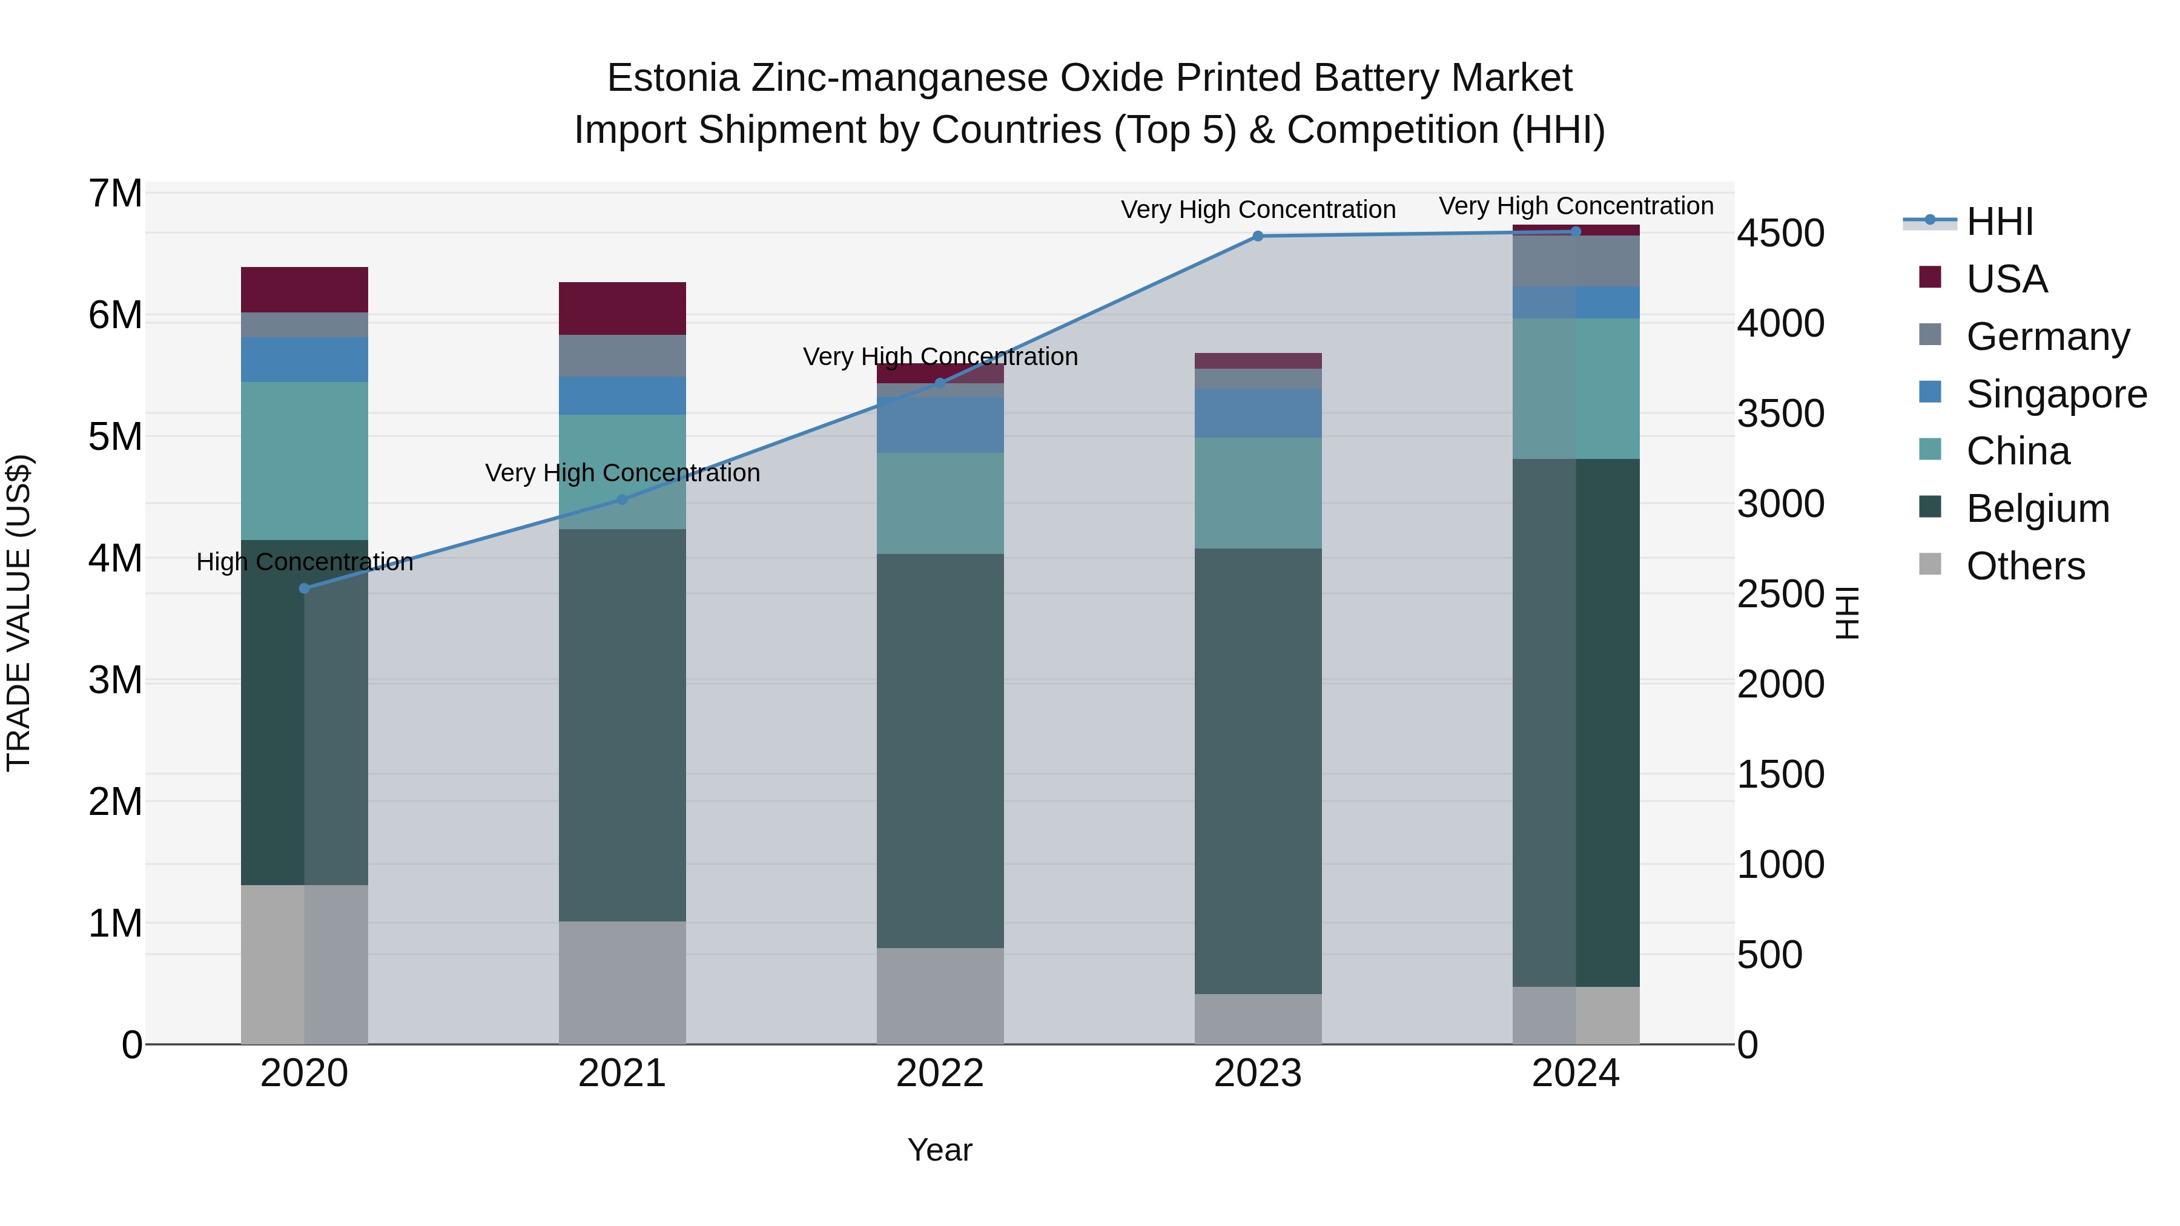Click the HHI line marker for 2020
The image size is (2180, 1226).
click(x=305, y=588)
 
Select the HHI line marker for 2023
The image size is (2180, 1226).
click(x=1258, y=236)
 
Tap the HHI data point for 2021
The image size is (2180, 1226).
click(x=622, y=499)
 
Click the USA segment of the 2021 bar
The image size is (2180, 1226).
click(x=622, y=308)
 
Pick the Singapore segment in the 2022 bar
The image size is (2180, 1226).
click(x=940, y=425)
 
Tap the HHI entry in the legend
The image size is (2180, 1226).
click(x=1999, y=222)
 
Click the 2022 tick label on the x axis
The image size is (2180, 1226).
click(x=940, y=1073)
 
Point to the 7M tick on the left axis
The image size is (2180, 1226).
click(x=115, y=194)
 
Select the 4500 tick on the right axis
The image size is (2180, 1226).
click(x=1780, y=234)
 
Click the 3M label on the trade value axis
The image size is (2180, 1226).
click(x=115, y=681)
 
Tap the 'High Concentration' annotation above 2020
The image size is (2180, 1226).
click(x=305, y=562)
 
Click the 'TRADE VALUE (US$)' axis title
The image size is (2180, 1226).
click(x=19, y=613)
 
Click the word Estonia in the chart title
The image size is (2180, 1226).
click(x=673, y=78)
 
